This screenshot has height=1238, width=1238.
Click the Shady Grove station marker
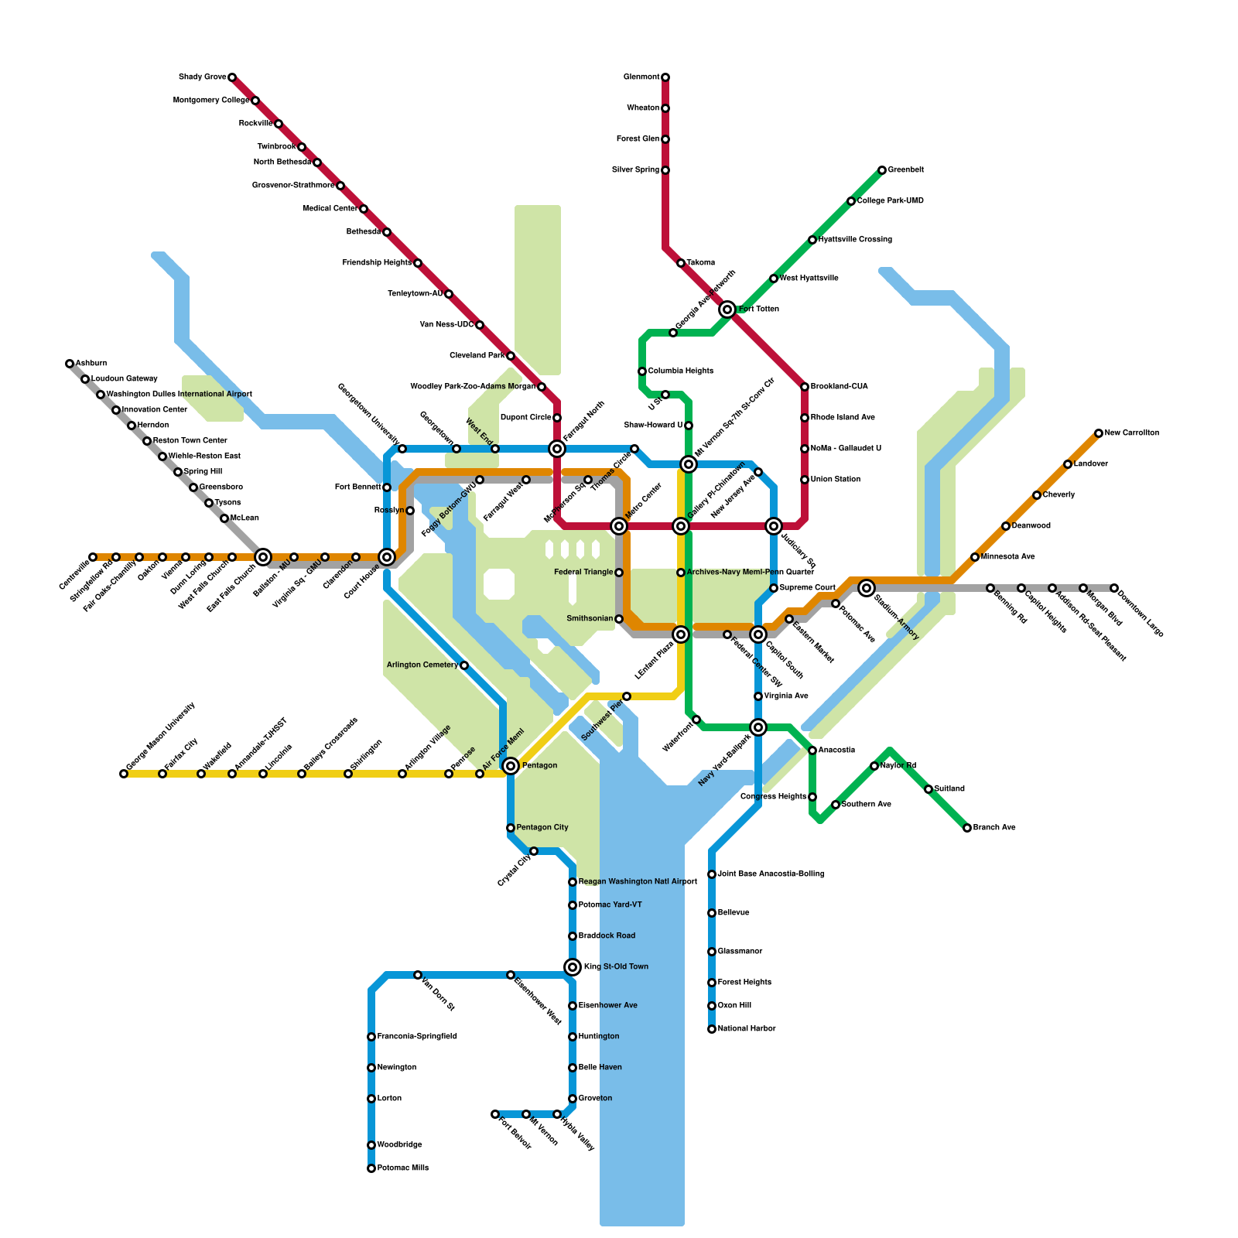point(232,77)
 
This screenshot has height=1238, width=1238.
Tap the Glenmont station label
point(641,77)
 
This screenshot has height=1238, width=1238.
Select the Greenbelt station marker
point(882,170)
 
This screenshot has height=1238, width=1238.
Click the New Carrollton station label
point(1132,433)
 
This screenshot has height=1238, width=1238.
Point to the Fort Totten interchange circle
point(727,309)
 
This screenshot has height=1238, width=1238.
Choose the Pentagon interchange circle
point(511,766)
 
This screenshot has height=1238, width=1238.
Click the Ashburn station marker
point(70,364)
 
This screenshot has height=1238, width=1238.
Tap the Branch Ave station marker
point(967,828)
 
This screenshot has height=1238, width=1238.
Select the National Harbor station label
point(747,1029)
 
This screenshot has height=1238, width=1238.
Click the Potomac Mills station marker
point(371,1168)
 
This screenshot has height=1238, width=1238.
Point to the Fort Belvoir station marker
point(495,1114)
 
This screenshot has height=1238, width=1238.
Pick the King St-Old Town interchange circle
point(573,967)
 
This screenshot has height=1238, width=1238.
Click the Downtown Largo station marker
point(1114,588)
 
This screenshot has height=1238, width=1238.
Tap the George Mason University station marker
point(124,774)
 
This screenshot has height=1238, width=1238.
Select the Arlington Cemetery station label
point(422,665)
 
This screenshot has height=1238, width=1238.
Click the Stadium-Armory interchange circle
point(867,588)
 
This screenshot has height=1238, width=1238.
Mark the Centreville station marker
point(93,557)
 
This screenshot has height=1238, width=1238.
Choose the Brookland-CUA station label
point(840,387)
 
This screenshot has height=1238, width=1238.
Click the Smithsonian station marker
point(619,619)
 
